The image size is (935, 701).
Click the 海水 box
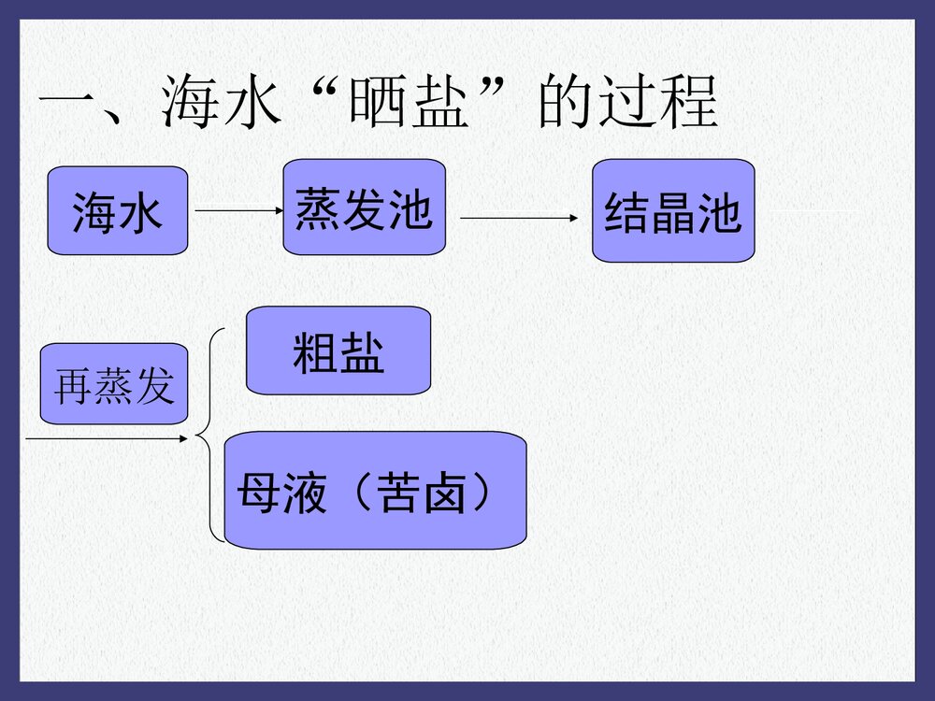point(118,211)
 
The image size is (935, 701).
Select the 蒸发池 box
point(364,207)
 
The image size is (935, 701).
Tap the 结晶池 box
point(673,211)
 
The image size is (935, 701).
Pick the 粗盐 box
point(338,350)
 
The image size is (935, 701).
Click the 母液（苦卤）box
point(375,490)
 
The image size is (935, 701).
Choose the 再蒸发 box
point(114,384)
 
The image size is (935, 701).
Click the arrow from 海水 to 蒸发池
point(238,211)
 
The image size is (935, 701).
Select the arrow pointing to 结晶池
point(520,218)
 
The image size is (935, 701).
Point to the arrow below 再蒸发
point(103,436)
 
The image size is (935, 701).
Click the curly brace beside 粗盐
point(210,436)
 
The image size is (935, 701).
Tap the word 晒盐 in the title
point(407,103)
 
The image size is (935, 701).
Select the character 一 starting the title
point(70,103)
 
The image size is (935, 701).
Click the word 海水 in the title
point(221,103)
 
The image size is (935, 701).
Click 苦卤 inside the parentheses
point(420,492)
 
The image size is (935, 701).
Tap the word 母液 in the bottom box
point(280,492)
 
